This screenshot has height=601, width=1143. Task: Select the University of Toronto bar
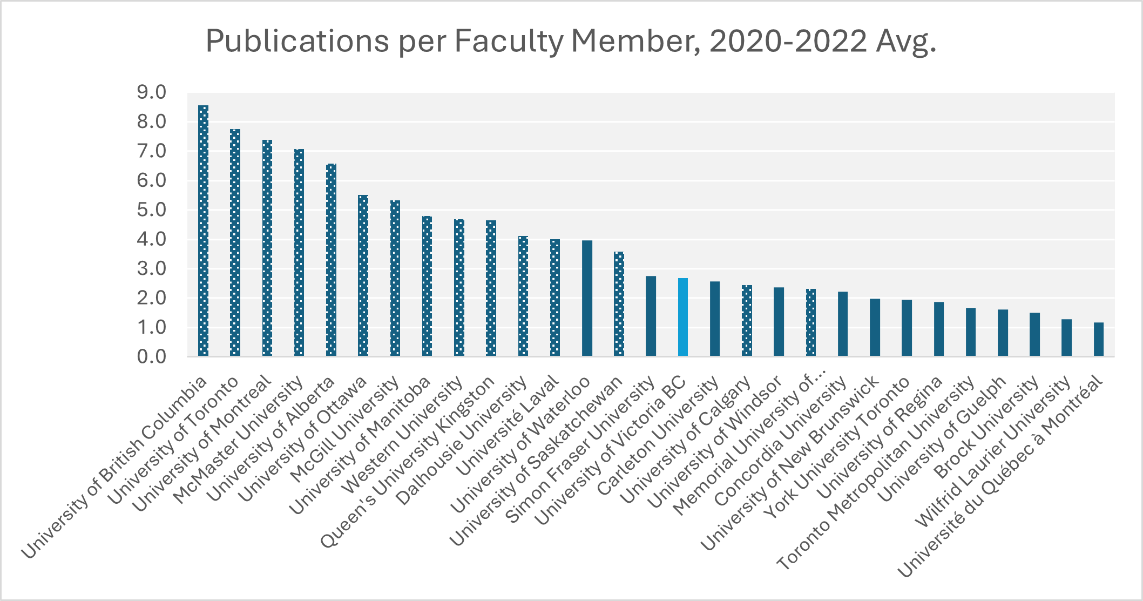[235, 243]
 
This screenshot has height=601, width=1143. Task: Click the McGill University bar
[395, 278]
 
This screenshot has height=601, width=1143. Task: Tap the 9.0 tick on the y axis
[152, 92]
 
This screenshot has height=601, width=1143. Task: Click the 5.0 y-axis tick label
[152, 210]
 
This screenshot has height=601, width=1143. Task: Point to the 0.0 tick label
[152, 356]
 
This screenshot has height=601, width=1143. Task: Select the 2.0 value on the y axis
[152, 298]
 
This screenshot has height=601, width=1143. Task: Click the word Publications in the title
[297, 41]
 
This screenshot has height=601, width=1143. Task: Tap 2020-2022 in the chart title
[788, 41]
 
